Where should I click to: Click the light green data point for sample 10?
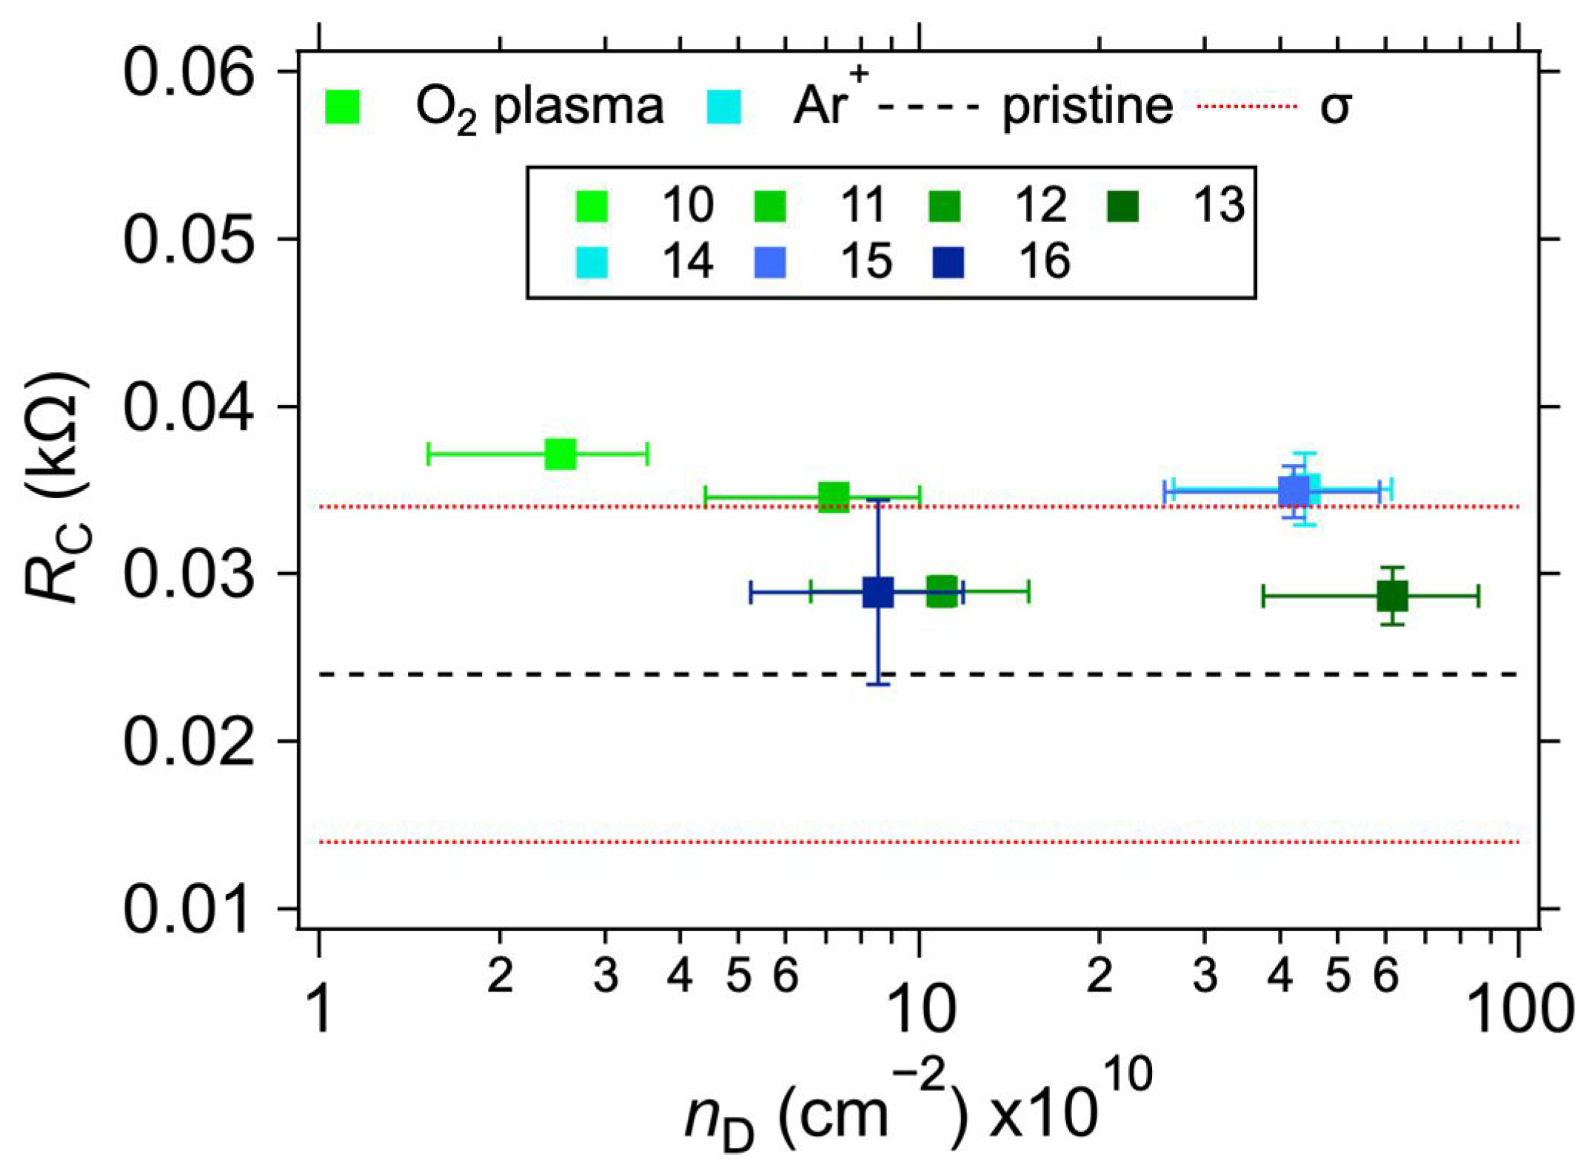click(561, 454)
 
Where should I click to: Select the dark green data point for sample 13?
click(1392, 596)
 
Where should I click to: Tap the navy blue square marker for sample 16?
click(878, 592)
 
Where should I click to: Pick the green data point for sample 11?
click(834, 497)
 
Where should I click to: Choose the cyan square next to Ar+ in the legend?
click(723, 107)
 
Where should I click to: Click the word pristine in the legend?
click(1087, 107)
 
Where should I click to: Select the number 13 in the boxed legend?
click(1219, 204)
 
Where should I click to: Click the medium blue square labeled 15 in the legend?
click(770, 263)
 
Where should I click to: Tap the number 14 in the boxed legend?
click(688, 262)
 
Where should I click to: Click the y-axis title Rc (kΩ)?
click(56, 489)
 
